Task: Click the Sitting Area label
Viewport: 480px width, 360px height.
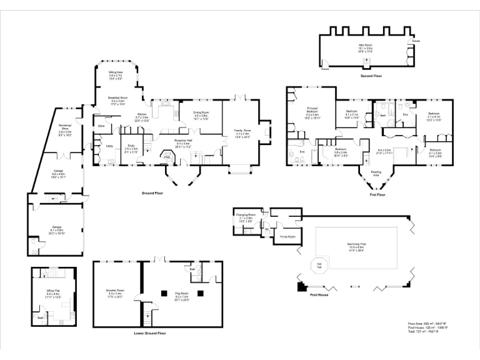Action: [115, 75]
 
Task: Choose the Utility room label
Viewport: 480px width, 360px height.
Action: [109, 146]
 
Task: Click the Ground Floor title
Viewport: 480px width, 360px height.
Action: [152, 193]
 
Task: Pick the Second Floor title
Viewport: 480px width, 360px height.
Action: [371, 76]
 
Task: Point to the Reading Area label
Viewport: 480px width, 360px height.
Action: [376, 172]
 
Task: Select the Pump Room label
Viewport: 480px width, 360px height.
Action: [287, 237]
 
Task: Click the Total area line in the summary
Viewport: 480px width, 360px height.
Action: [427, 331]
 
